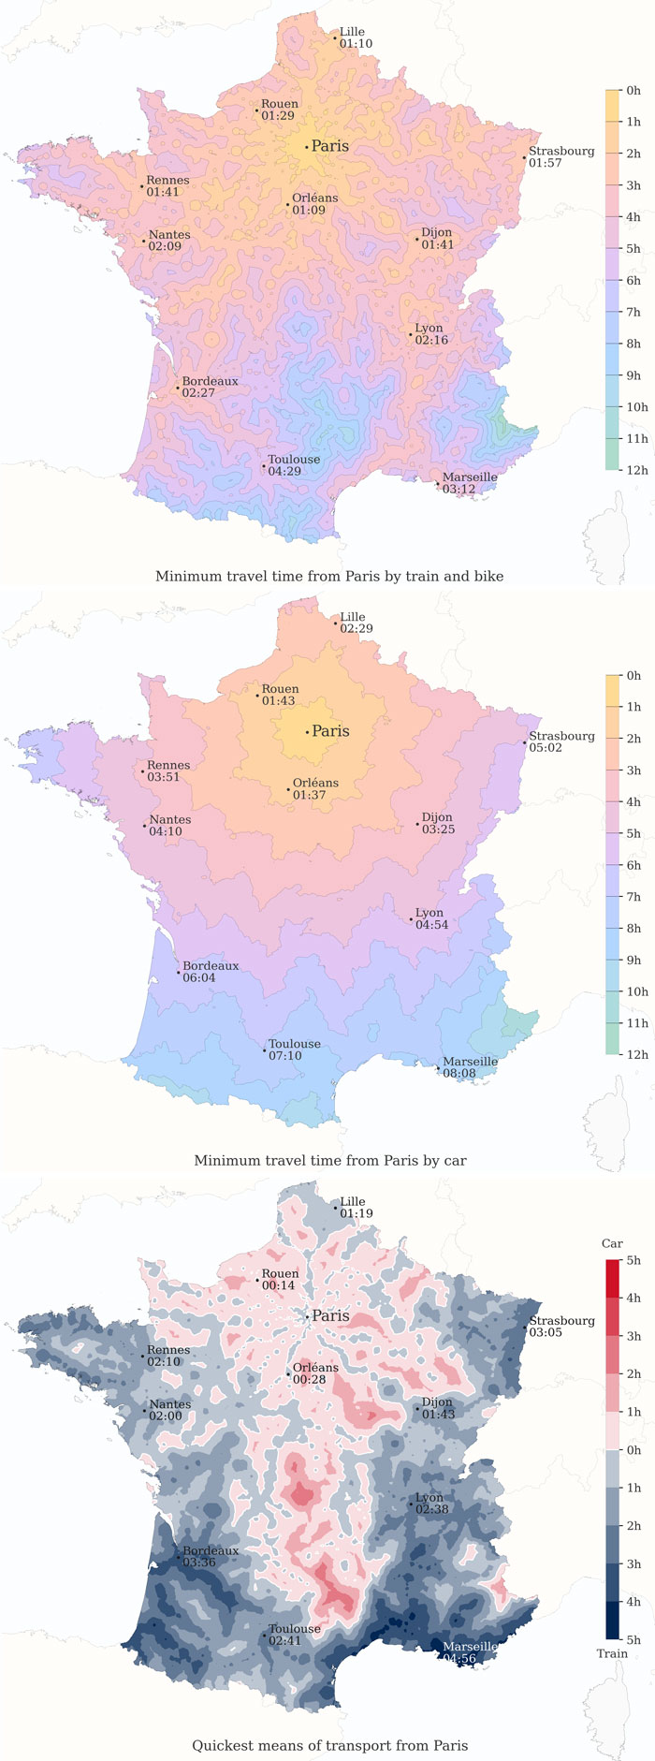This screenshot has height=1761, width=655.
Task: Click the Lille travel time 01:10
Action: [356, 44]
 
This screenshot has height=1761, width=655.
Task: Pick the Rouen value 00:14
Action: [277, 1285]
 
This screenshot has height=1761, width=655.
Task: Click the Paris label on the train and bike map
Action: [329, 146]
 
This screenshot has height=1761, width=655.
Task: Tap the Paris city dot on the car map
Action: [306, 732]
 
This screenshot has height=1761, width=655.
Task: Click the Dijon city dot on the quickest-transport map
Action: [417, 1408]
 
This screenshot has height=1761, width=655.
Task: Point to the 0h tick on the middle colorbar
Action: [633, 676]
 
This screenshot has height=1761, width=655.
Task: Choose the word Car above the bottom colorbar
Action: [612, 1243]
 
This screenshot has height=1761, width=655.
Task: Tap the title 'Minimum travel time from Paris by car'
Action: [329, 1161]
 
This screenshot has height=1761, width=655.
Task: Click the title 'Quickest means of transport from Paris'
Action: [329, 1745]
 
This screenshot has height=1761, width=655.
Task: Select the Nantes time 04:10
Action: [165, 831]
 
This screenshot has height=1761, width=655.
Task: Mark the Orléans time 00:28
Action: [309, 1380]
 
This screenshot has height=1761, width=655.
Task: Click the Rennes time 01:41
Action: [163, 192]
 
